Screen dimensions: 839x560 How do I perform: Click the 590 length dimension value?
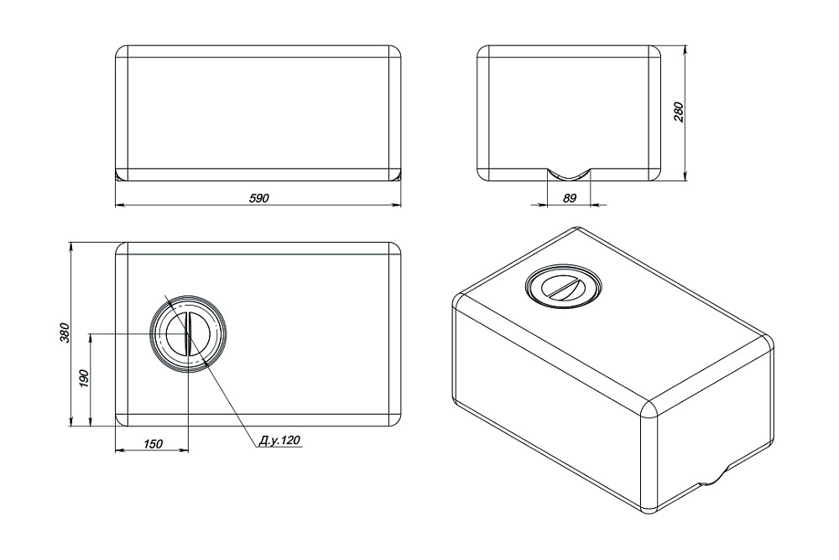point(259,198)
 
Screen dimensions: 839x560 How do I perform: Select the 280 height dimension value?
point(679,112)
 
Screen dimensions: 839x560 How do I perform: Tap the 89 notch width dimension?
point(570,198)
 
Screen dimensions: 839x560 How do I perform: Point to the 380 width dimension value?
point(65,333)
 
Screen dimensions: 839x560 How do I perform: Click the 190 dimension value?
point(83,379)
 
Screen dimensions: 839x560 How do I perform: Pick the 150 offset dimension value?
point(153,444)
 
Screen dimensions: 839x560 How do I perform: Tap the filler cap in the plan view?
point(188,333)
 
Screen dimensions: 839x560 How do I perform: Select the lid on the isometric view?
point(564,285)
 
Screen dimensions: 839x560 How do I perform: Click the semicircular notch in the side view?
point(569,175)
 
